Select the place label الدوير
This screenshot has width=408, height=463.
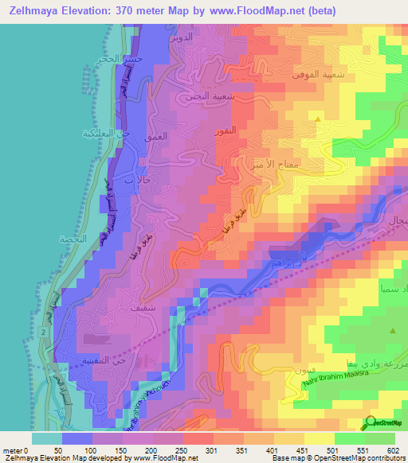182,37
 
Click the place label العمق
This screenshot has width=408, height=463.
157,137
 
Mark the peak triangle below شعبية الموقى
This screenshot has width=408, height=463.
319,120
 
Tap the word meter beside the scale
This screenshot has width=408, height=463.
13,449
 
